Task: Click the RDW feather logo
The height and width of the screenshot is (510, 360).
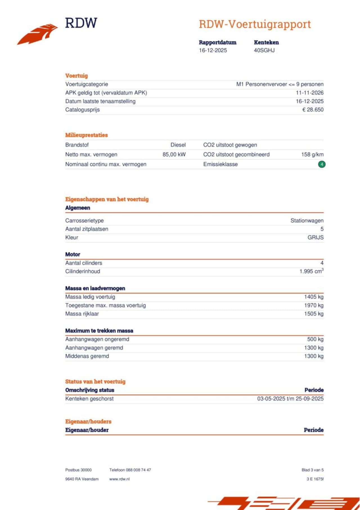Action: click(38, 34)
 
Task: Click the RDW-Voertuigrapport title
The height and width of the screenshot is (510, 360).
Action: click(255, 24)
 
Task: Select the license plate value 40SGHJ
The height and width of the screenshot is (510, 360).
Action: click(264, 50)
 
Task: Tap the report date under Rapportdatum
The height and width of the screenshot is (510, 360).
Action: click(213, 50)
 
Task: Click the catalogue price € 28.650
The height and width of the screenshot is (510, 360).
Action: click(313, 110)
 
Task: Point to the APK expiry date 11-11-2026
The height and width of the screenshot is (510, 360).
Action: click(309, 93)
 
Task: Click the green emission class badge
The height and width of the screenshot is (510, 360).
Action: click(322, 164)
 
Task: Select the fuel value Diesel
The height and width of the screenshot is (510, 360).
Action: click(178, 145)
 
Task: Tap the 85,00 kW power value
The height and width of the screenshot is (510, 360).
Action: click(174, 155)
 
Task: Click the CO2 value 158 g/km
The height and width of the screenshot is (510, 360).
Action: click(312, 155)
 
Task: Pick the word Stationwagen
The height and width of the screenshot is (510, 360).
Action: click(307, 221)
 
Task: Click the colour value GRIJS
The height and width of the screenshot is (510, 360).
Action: click(315, 238)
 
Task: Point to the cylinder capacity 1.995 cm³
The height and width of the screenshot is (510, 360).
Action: click(311, 271)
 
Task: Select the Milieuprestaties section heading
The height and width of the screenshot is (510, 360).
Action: click(86, 135)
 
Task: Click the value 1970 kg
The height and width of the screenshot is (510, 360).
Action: click(314, 305)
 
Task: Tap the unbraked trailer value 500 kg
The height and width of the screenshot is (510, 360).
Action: click(315, 339)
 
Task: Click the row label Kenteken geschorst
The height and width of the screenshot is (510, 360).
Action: click(89, 399)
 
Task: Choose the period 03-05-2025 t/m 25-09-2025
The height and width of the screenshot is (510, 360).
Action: click(290, 399)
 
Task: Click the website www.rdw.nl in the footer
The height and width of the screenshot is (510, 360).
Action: click(119, 479)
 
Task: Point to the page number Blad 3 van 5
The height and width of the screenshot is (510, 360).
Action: click(312, 470)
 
